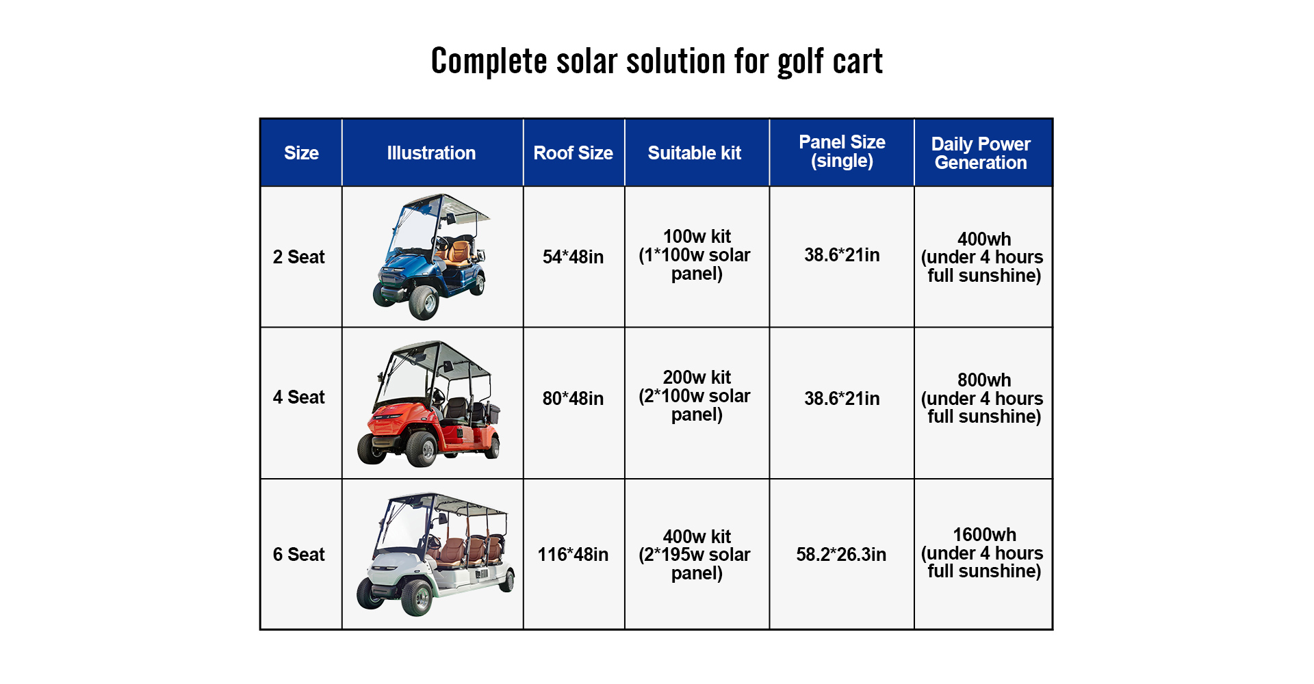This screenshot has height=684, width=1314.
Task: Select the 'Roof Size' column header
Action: (x=574, y=153)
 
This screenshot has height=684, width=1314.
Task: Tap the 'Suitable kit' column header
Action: (x=695, y=153)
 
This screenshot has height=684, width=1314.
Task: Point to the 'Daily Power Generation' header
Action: (x=981, y=153)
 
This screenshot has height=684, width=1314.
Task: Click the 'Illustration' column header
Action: (x=431, y=153)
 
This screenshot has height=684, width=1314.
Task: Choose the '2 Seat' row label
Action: (x=299, y=257)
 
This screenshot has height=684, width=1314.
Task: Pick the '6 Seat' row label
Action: (x=299, y=555)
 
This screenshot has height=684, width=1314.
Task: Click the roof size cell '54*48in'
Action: (x=574, y=257)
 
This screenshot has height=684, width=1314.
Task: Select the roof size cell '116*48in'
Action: (x=574, y=555)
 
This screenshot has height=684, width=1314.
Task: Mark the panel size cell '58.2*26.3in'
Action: (x=841, y=555)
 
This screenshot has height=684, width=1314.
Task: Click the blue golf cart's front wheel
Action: (x=424, y=302)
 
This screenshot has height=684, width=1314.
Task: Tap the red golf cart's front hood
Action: (x=397, y=417)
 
